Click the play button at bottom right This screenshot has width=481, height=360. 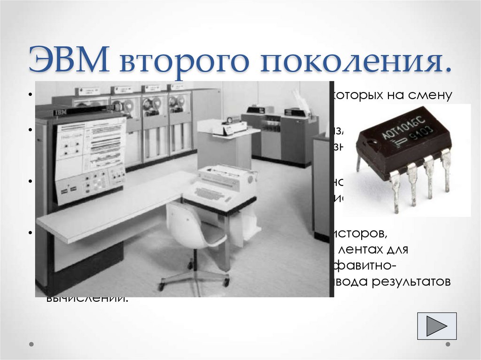point(436,325)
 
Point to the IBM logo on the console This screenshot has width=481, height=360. point(60,113)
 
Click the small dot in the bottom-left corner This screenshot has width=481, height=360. point(31,344)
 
